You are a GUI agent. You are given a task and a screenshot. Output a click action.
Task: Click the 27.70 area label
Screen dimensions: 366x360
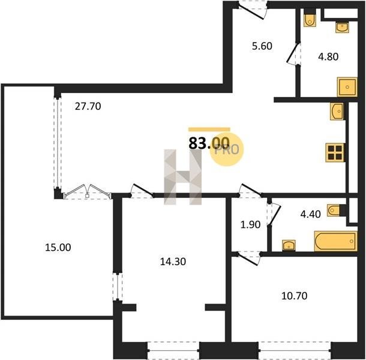(88, 106)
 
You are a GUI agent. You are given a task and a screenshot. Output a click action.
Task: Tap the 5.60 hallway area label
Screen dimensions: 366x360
(262, 46)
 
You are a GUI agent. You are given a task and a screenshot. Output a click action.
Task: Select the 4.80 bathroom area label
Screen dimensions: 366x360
(328, 57)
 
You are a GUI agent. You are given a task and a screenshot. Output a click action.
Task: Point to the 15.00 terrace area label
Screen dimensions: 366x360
(58, 247)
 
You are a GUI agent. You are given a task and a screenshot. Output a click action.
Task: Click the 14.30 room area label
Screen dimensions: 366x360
(173, 262)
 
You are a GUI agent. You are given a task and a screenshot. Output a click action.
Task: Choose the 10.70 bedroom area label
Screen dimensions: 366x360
(295, 296)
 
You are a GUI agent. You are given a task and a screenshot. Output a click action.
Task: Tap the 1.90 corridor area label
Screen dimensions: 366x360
(250, 224)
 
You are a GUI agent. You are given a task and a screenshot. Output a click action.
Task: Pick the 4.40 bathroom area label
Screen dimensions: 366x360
(310, 214)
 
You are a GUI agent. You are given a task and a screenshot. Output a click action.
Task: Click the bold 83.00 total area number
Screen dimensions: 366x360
(209, 143)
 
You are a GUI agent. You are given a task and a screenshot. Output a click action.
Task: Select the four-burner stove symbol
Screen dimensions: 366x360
(335, 152)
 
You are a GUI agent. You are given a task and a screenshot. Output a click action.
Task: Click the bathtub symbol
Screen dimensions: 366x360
(336, 241)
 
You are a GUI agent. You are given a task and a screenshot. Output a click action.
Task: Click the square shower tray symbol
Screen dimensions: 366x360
(347, 87)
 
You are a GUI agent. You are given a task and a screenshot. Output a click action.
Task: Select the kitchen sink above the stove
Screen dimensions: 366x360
(337, 112)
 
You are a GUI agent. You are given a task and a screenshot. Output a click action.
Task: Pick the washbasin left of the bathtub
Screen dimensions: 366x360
(289, 245)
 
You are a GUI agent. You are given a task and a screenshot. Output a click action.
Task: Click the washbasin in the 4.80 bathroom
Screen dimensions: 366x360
(343, 28)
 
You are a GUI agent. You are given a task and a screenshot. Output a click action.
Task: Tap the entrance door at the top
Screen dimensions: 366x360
(253, 10)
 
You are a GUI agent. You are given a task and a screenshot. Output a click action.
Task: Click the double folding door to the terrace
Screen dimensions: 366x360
(87, 191)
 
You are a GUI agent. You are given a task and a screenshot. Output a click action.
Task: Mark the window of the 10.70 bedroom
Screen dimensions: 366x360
(295, 350)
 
